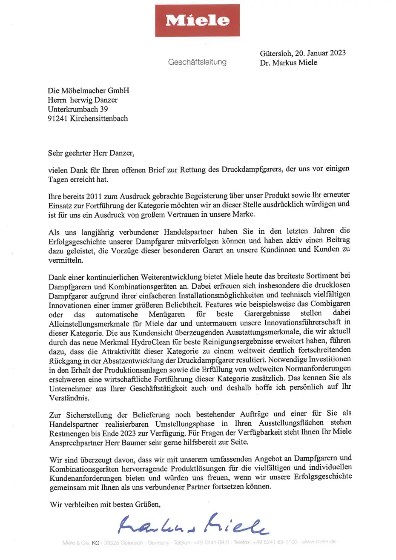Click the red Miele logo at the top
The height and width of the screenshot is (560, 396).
(x=197, y=20)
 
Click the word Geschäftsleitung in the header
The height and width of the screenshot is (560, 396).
(x=197, y=62)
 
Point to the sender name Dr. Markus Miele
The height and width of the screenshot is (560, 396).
(x=288, y=63)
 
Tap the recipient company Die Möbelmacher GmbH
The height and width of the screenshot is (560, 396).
(x=88, y=91)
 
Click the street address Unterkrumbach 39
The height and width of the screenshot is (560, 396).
(x=77, y=109)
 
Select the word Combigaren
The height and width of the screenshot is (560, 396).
(x=330, y=304)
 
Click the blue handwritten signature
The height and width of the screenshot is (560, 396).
(x=193, y=524)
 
